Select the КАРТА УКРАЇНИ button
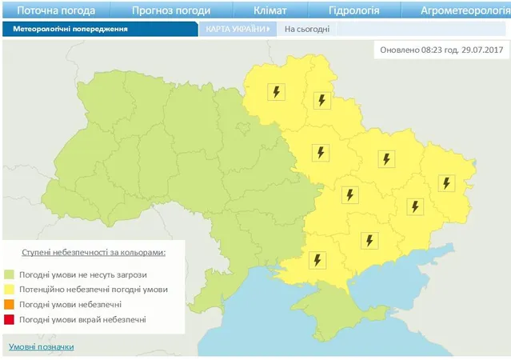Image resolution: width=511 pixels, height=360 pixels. pyautogui.click(x=236, y=29)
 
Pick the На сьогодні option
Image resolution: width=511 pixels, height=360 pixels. pyautogui.click(x=307, y=29)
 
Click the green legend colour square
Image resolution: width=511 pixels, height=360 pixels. pyautogui.click(x=11, y=274)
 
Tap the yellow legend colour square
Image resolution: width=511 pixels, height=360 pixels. pyautogui.click(x=11, y=290)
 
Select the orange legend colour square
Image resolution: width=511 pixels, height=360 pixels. pyautogui.click(x=11, y=305)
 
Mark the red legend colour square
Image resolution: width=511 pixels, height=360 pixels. pyautogui.click(x=11, y=320)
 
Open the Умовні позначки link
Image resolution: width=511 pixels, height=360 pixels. pyautogui.click(x=41, y=346)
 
